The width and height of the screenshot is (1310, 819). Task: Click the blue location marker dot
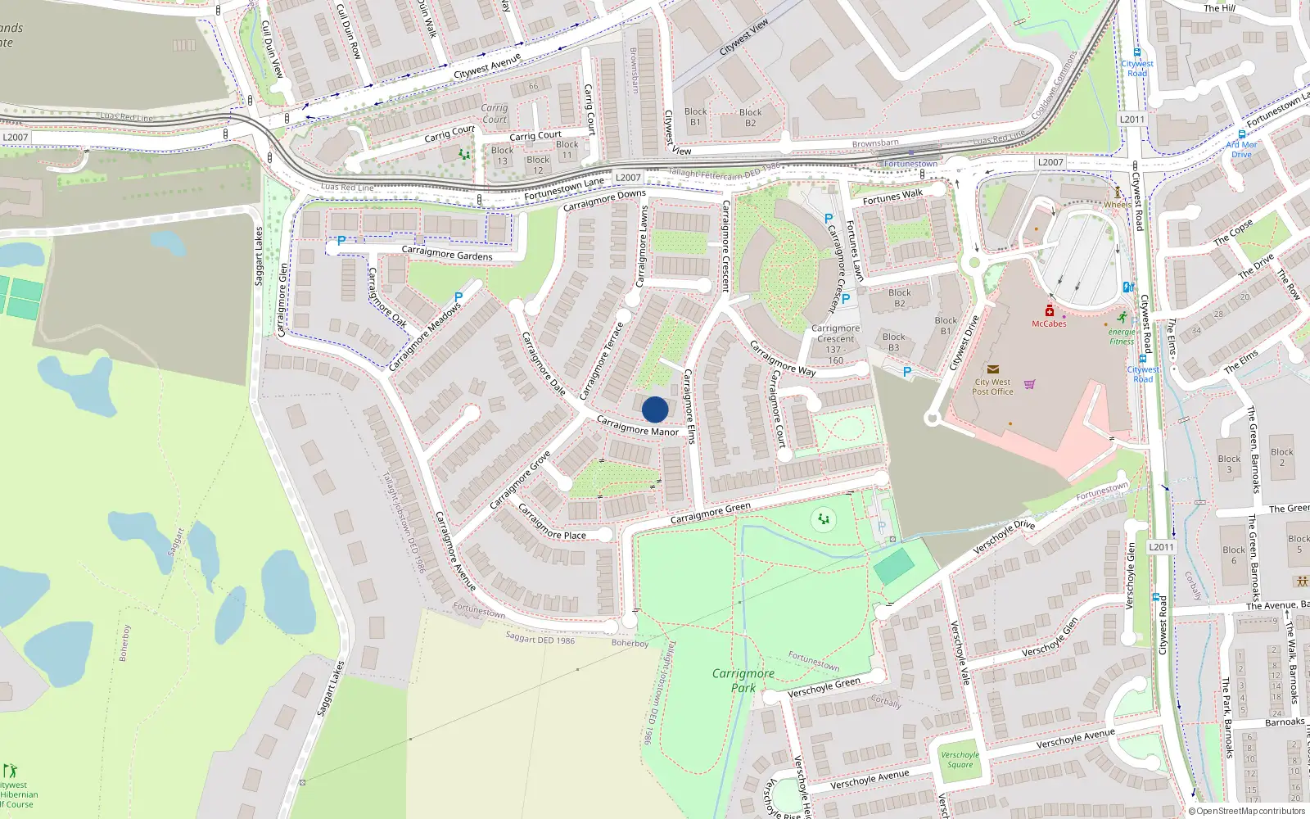pyautogui.click(x=655, y=409)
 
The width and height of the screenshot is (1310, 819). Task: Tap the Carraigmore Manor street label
pyautogui.click(x=637, y=426)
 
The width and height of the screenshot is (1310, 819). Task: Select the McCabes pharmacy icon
pyautogui.click(x=1049, y=310)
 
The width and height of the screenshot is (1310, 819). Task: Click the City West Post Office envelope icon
pyautogui.click(x=993, y=369)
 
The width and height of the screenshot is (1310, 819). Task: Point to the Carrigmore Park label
pyautogui.click(x=743, y=681)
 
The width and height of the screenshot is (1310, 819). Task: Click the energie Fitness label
pyautogui.click(x=1122, y=336)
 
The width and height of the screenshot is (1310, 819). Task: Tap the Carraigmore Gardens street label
pyautogui.click(x=447, y=253)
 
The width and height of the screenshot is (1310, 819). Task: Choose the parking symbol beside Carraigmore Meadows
pyautogui.click(x=458, y=298)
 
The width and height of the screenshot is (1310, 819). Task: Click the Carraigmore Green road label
pyautogui.click(x=710, y=513)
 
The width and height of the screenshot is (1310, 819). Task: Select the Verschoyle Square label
pyautogui.click(x=960, y=760)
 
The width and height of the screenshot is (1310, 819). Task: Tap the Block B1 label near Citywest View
pyautogui.click(x=696, y=117)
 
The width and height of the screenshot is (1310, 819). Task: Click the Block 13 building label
pyautogui.click(x=502, y=156)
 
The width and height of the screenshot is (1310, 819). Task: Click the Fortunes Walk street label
pyautogui.click(x=892, y=197)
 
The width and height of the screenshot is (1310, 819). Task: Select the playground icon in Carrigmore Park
pyautogui.click(x=824, y=519)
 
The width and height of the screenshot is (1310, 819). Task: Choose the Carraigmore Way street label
pyautogui.click(x=783, y=359)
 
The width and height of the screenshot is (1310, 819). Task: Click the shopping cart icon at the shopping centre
pyautogui.click(x=1030, y=383)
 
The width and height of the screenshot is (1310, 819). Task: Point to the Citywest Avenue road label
pyautogui.click(x=487, y=67)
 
